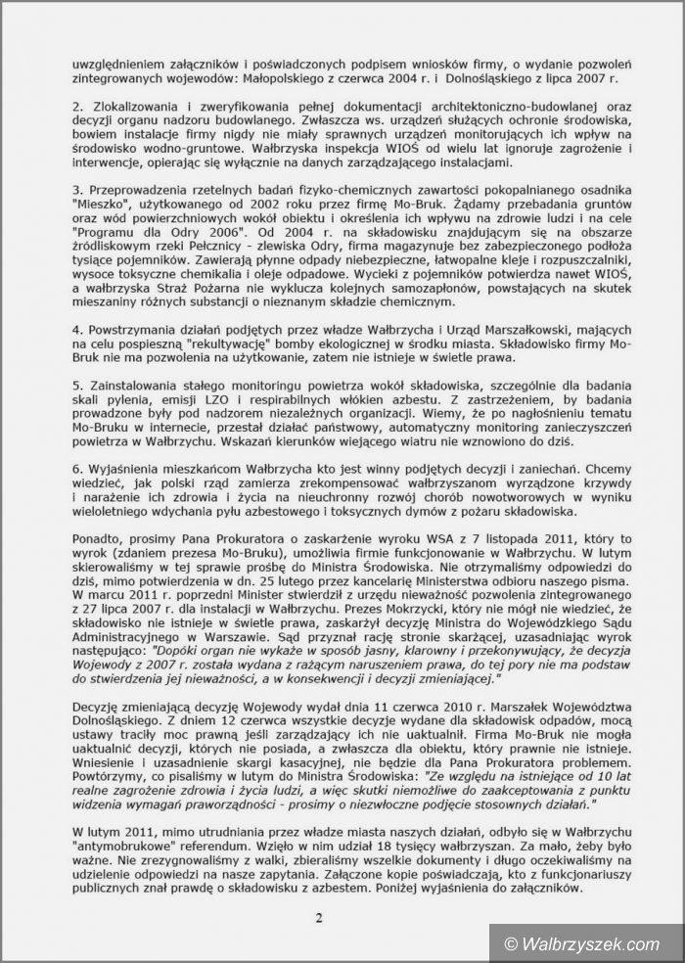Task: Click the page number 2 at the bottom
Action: pyautogui.click(x=318, y=917)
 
